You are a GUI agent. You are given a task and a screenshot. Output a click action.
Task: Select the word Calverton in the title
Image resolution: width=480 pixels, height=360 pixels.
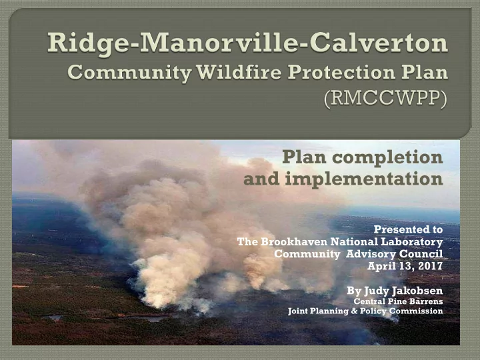tap(379, 42)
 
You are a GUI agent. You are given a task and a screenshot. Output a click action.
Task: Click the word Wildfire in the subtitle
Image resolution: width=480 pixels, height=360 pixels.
tap(239, 73)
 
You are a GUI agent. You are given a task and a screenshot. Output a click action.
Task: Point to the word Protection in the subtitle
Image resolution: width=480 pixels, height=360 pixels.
tap(341, 73)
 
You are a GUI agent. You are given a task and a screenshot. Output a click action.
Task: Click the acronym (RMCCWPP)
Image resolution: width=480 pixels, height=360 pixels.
tap(385, 98)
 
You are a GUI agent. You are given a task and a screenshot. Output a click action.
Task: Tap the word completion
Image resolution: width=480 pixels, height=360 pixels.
tap(387, 158)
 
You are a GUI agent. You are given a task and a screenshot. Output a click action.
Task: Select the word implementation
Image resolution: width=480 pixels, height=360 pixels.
tap(364, 179)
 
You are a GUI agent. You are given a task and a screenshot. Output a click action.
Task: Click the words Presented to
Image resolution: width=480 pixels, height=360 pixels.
tap(409, 229)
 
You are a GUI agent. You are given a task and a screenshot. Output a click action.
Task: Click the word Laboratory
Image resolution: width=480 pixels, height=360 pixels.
tap(412, 242)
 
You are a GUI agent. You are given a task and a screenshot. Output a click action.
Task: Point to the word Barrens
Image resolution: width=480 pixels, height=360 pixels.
tap(427, 301)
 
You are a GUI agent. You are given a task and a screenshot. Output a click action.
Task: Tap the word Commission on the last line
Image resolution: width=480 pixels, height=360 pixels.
tap(416, 311)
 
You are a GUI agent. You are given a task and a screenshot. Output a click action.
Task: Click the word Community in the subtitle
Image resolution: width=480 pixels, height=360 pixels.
tap(129, 73)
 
